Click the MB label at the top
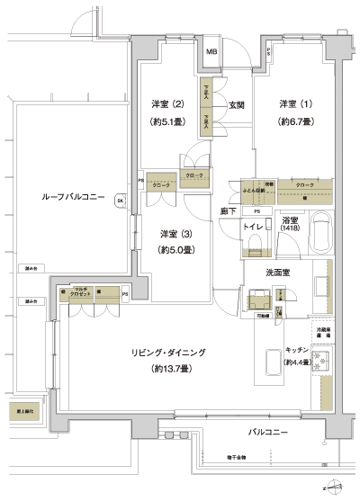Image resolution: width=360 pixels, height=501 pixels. pyautogui.click(x=211, y=51)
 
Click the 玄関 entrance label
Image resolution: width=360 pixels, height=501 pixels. pyautogui.click(x=237, y=104)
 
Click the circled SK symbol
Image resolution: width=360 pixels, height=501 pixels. pyautogui.click(x=120, y=202)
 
